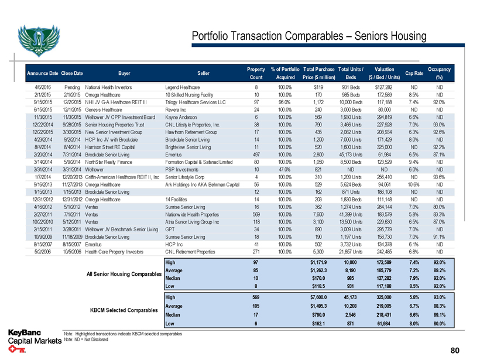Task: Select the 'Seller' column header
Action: (204, 73)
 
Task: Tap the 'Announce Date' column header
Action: (42, 73)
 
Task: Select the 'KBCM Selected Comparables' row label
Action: (119, 310)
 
